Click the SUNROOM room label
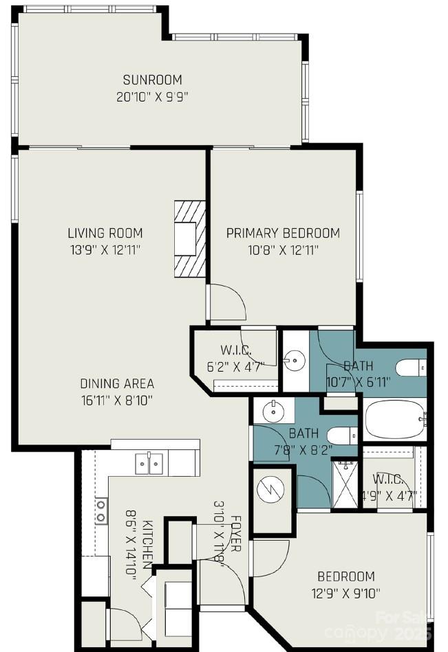[152, 79]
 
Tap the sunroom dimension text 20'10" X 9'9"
[152, 97]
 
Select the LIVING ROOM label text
[105, 232]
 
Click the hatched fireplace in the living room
[190, 238]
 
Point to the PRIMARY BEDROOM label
[283, 233]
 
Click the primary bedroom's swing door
[226, 302]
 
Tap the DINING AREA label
[117, 383]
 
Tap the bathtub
[395, 419]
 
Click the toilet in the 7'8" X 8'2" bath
[341, 436]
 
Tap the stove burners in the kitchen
[101, 509]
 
